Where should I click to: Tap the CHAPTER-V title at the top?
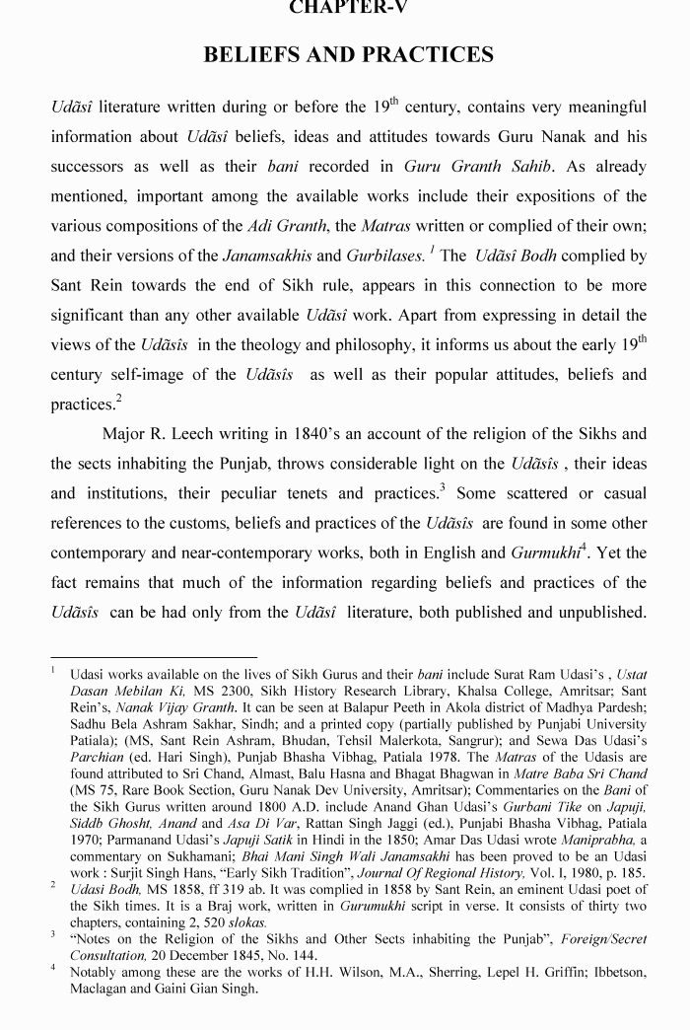(348, 7)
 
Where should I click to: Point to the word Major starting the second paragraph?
(127, 434)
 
